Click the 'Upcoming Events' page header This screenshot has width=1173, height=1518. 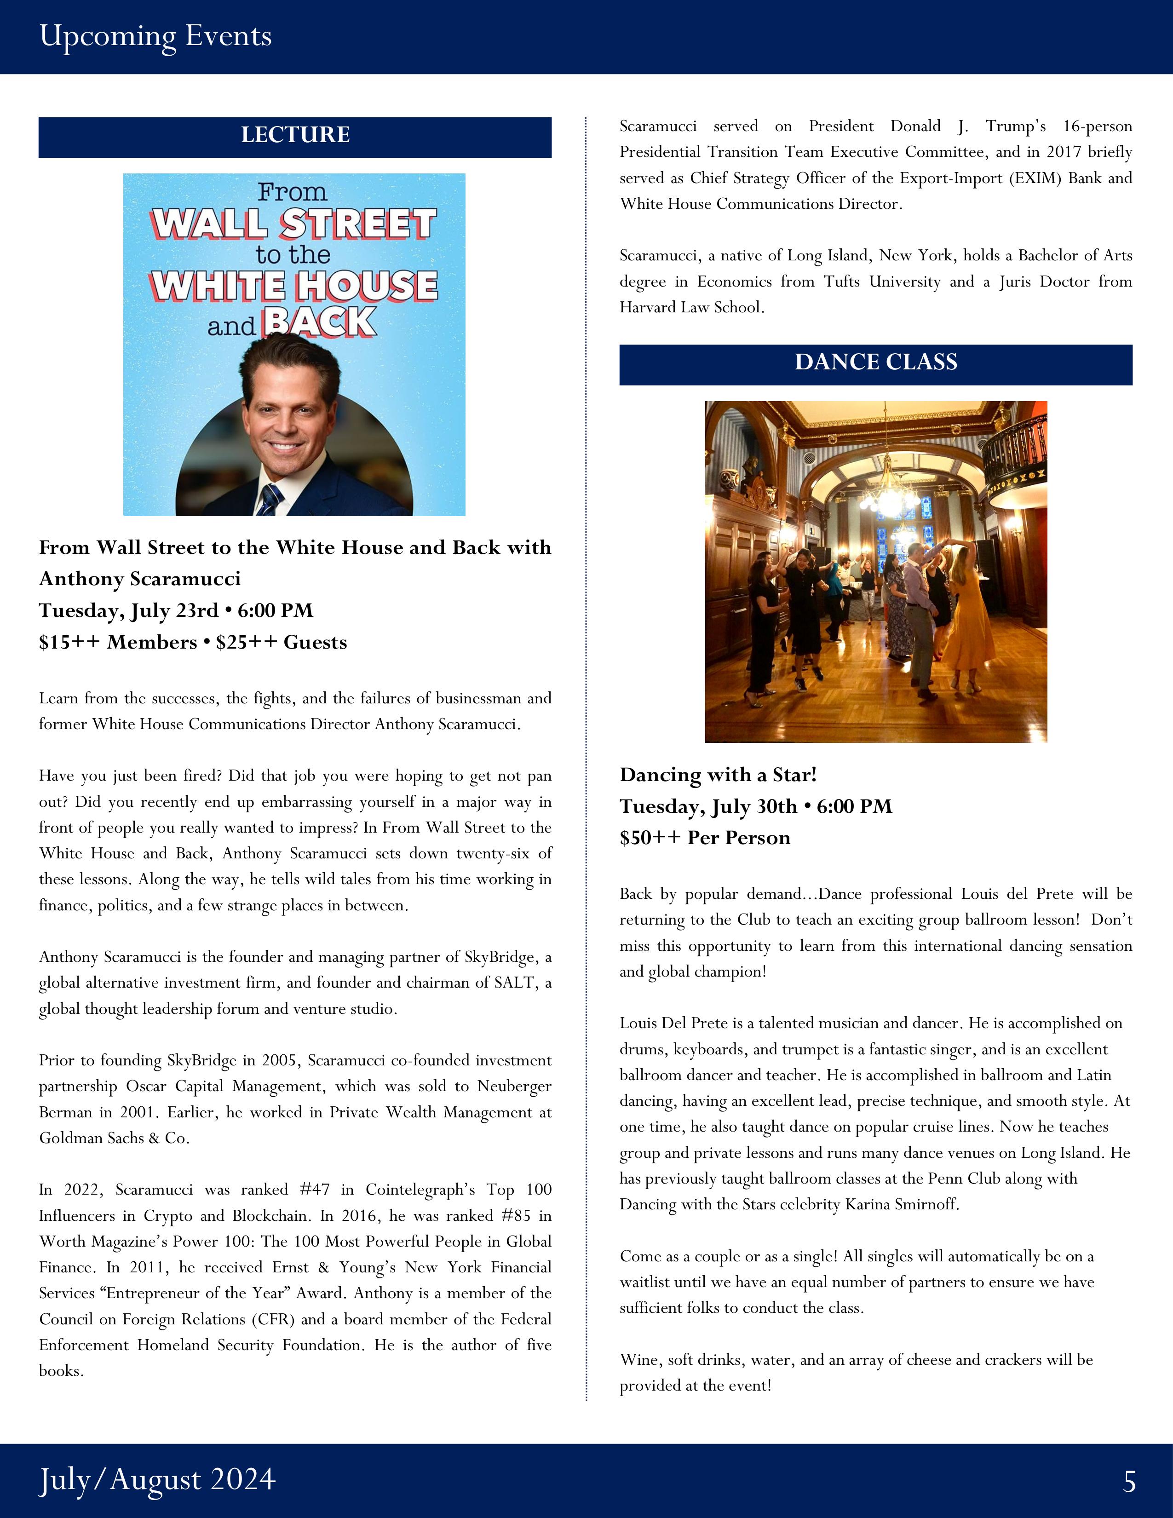155,36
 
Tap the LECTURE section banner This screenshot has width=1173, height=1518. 295,135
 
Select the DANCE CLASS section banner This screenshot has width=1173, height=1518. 875,362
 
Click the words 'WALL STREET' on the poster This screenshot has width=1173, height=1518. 294,224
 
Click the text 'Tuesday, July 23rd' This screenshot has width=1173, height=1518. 128,610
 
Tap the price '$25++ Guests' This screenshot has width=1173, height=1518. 282,642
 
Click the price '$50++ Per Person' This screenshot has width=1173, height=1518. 705,838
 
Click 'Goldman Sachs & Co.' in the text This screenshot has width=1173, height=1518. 114,1138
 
